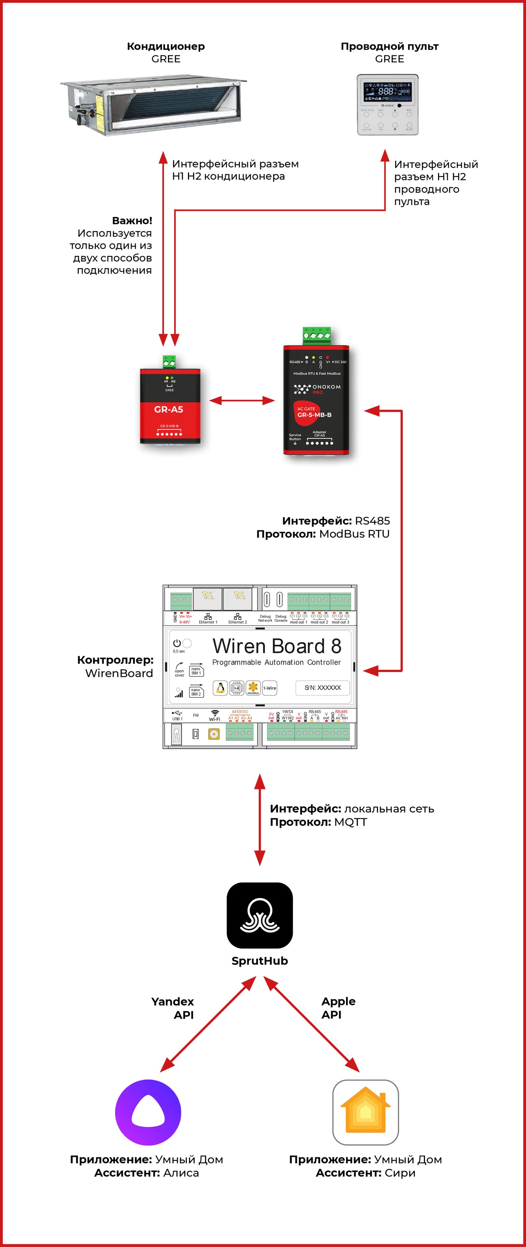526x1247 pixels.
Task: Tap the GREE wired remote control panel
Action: [387, 104]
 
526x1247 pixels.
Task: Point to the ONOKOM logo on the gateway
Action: [317, 388]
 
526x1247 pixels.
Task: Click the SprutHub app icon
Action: [259, 915]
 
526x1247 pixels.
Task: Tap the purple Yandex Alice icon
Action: [148, 1112]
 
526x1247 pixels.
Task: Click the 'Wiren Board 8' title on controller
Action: [277, 646]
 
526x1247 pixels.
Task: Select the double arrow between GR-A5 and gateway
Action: [242, 400]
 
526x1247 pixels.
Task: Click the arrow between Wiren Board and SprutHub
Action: [259, 820]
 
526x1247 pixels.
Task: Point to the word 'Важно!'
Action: [132, 221]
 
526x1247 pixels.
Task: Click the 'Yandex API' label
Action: [173, 1008]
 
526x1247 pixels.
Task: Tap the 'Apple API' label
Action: [338, 1008]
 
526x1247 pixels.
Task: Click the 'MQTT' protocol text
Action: [350, 822]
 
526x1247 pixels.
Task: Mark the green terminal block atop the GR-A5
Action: [169, 361]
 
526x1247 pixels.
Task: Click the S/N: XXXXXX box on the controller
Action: [323, 687]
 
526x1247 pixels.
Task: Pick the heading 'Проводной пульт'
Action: [389, 47]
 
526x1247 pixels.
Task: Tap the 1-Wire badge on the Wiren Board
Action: [270, 688]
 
